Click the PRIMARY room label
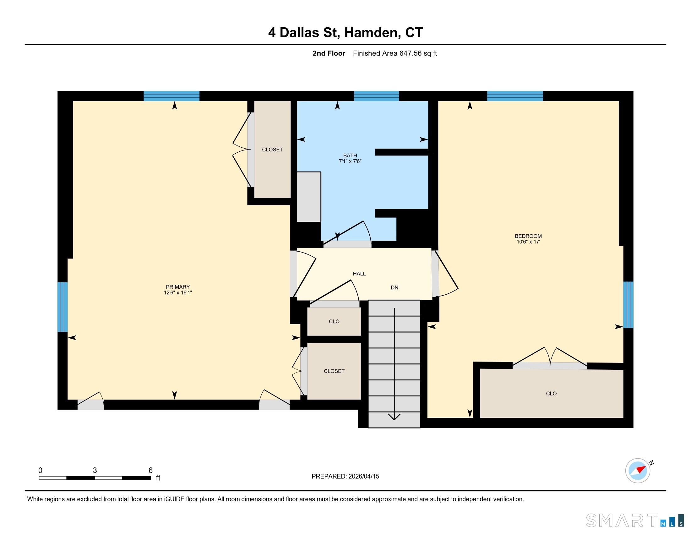click(178, 287)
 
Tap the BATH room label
click(350, 155)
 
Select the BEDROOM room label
click(528, 236)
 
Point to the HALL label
click(359, 274)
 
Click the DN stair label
click(394, 287)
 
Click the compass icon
click(638, 471)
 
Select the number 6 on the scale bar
click(150, 470)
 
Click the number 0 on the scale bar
click(40, 470)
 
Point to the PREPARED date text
click(345, 476)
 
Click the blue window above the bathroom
click(376, 96)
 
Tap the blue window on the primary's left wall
click(63, 307)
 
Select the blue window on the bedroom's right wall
click(628, 305)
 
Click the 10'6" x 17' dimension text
click(528, 242)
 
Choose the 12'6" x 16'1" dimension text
click(178, 293)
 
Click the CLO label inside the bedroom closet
click(551, 394)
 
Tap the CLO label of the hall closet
click(334, 321)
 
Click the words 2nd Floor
click(329, 53)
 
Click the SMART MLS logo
click(635, 520)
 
